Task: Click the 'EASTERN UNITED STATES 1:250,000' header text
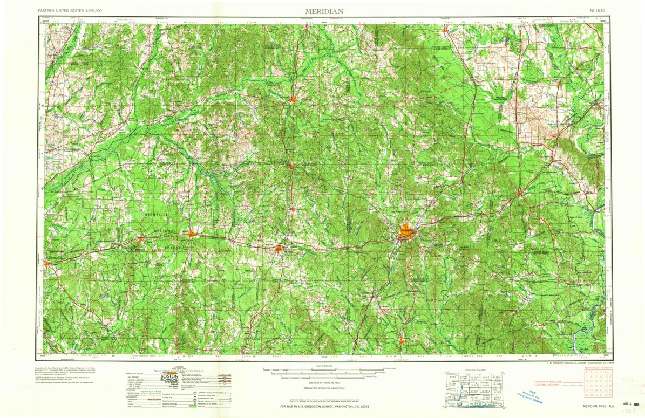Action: point(70,11)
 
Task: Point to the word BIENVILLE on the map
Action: point(157,215)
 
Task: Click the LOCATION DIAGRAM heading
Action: point(475,370)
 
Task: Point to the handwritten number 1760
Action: point(629,411)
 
